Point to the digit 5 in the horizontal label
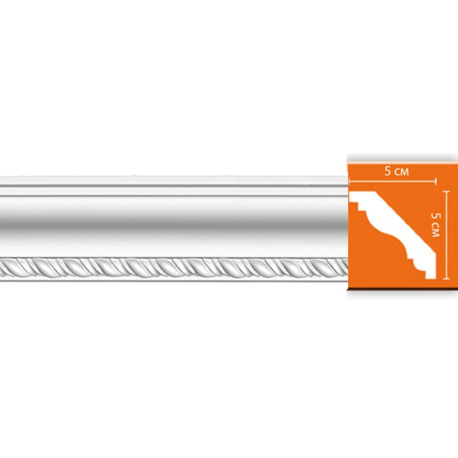pos(388,171)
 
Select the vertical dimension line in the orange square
pos(447,235)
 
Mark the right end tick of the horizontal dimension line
pos(437,181)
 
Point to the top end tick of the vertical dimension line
pos(447,191)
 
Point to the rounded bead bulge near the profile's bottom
pos(411,252)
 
